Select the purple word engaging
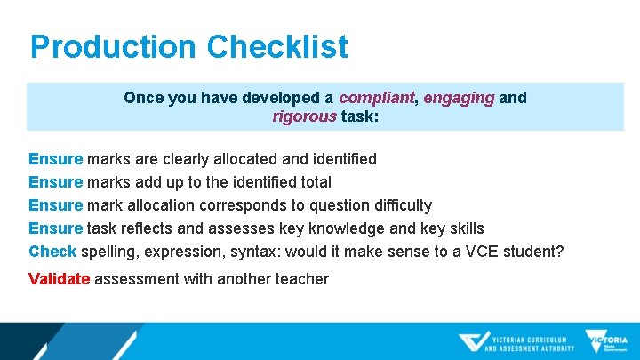pos(458,98)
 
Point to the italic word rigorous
pos(304,116)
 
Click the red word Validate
pos(59,279)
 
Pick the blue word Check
pos(52,252)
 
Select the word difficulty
pos(396,205)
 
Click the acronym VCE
pos(479,252)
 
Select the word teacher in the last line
pos(300,279)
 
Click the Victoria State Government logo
pos(606,341)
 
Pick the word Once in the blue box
pos(142,98)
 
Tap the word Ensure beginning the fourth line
pos(55,228)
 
